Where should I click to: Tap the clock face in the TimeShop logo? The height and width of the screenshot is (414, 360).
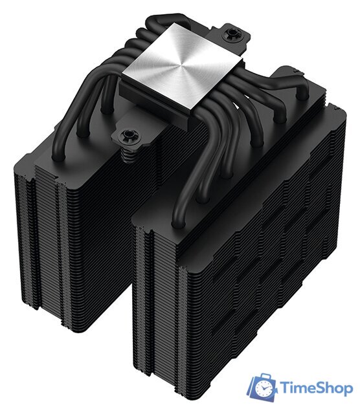pos(264,390)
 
